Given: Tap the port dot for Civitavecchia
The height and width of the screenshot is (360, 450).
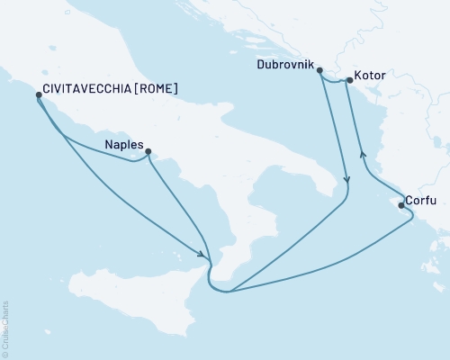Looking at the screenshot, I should (38, 94).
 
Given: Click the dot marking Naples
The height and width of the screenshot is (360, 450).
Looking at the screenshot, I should (148, 152).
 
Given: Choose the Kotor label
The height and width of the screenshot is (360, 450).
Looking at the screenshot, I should (371, 76).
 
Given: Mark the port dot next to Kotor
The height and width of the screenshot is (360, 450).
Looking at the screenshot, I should (349, 80).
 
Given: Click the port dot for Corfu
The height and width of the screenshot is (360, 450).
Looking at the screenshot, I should (400, 205).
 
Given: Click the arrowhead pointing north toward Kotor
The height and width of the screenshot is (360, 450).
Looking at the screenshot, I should (363, 153).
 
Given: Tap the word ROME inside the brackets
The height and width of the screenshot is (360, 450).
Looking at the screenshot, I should (156, 89).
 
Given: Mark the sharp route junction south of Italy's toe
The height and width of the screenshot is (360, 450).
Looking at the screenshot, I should (229, 291).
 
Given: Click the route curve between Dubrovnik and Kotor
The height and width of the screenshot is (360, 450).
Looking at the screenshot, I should (334, 82).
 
